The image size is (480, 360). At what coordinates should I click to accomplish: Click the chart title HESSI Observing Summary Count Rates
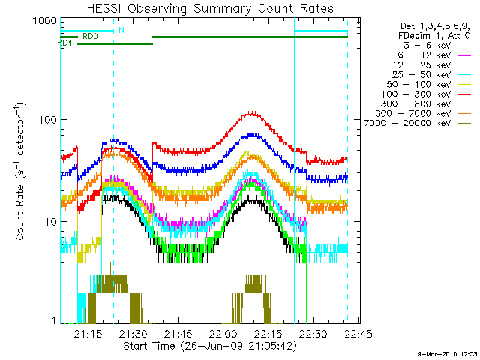click(x=203, y=9)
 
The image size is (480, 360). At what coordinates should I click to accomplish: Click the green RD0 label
click(x=89, y=36)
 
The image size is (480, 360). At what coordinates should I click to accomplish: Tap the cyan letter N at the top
click(x=121, y=31)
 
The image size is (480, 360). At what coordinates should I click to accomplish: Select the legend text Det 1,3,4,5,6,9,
click(x=436, y=25)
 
